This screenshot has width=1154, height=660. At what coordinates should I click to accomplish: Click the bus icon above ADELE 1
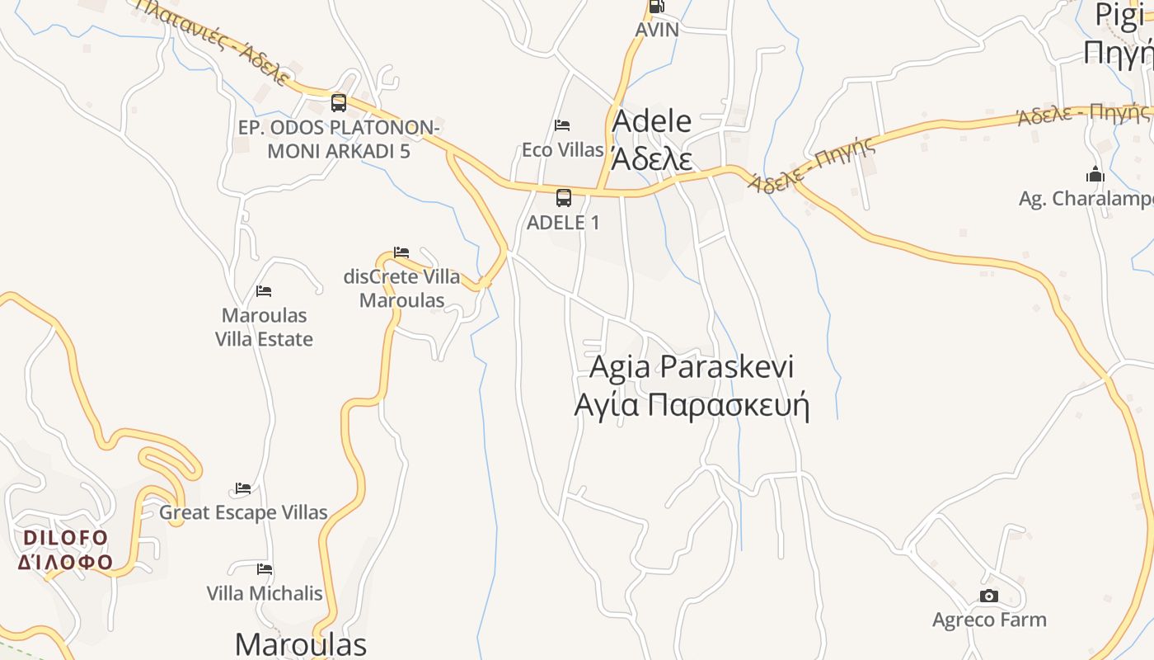click(x=564, y=198)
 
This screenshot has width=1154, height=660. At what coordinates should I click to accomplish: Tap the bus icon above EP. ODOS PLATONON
click(x=339, y=103)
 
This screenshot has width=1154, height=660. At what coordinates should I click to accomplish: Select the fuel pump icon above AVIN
click(x=657, y=7)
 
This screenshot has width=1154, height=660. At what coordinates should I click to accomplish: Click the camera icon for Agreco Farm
click(x=989, y=596)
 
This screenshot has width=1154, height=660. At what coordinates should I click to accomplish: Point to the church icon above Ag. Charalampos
click(x=1095, y=174)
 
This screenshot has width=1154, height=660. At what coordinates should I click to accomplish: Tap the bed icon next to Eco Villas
click(x=562, y=125)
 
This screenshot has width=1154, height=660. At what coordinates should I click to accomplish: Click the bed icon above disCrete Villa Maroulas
click(x=401, y=252)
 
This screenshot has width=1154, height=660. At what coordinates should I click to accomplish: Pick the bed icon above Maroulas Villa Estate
click(x=264, y=291)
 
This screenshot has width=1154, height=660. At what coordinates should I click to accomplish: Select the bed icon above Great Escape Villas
click(x=243, y=488)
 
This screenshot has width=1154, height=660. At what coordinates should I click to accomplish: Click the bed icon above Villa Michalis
click(x=265, y=569)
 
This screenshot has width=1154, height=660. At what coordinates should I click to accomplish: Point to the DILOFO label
click(x=66, y=538)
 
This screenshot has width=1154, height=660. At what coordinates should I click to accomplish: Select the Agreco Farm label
click(x=989, y=620)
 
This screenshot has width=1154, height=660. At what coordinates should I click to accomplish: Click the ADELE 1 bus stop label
click(x=564, y=223)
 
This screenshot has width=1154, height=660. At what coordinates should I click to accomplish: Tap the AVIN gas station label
click(x=657, y=30)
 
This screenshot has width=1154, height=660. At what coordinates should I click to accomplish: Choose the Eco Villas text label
click(x=563, y=150)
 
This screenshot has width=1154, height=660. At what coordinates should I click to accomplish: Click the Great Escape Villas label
click(x=244, y=512)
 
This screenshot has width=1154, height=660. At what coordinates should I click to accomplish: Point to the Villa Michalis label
click(x=265, y=593)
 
